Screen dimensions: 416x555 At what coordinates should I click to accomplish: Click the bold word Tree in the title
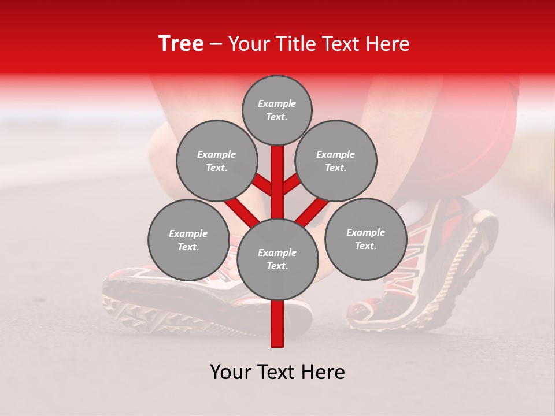click(x=181, y=43)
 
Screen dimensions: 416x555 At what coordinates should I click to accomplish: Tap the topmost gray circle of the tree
click(x=277, y=110)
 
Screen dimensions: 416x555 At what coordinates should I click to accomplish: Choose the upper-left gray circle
click(x=216, y=161)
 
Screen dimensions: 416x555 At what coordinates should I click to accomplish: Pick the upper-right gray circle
click(x=336, y=161)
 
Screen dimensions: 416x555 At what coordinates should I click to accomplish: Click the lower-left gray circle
click(x=188, y=240)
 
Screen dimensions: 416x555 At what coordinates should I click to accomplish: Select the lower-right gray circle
click(x=365, y=239)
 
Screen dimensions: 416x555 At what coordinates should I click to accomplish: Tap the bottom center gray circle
click(x=277, y=259)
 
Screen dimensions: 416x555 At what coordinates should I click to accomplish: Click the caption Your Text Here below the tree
click(x=277, y=372)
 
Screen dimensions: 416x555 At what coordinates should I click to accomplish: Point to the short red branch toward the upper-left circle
click(x=262, y=185)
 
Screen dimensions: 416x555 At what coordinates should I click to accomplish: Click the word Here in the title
click(x=388, y=44)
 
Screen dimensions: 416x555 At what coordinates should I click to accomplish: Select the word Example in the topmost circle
click(x=277, y=103)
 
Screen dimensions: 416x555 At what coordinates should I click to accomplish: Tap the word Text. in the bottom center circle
click(x=277, y=266)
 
